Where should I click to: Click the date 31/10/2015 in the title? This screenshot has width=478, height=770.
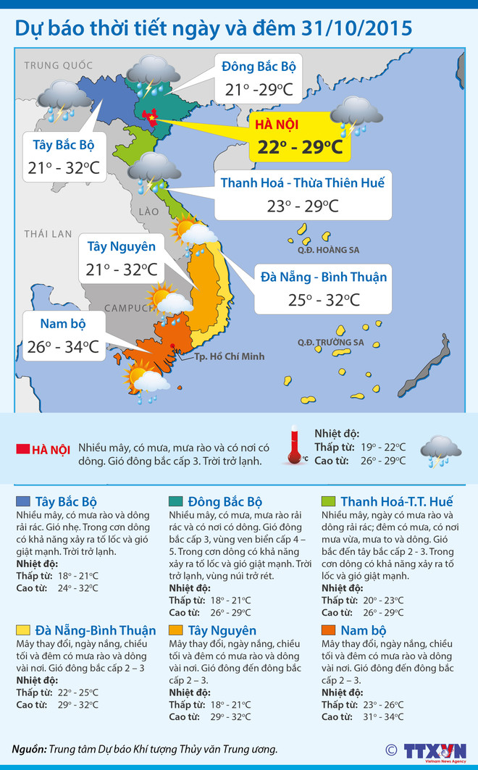[x=356, y=28]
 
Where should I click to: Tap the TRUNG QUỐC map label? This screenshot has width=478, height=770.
[x=54, y=66]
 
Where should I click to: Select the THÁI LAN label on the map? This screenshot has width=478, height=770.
[x=48, y=234]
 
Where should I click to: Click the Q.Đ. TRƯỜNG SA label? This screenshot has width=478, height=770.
[x=330, y=342]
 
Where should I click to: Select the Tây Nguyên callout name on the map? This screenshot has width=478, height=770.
[x=122, y=247]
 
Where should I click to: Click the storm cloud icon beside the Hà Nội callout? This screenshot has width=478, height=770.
[x=356, y=115]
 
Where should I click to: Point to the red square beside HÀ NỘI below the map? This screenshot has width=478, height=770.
[x=22, y=450]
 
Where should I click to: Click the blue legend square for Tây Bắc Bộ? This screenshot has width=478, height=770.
[x=22, y=501]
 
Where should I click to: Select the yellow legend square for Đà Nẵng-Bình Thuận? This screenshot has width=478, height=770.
[x=22, y=630]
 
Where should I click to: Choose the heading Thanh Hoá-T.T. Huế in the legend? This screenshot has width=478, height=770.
[x=397, y=501]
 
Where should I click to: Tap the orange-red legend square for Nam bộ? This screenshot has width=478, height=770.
[x=327, y=630]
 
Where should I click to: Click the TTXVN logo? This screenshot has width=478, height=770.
[x=435, y=750]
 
